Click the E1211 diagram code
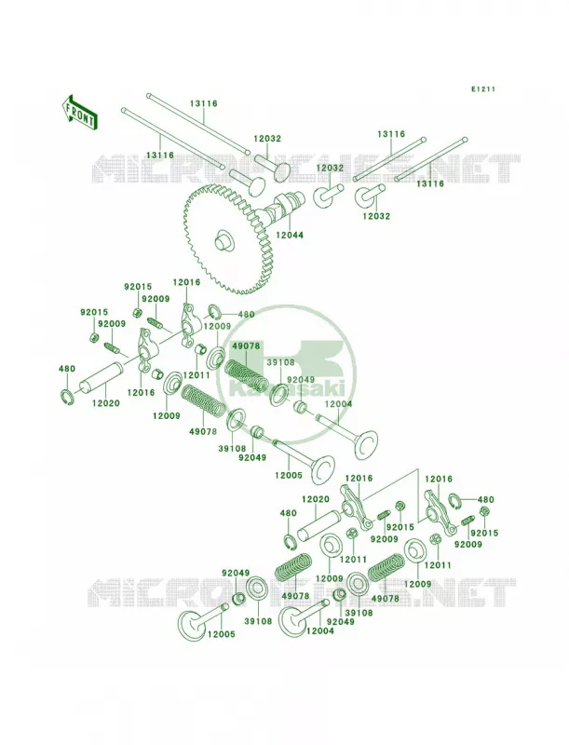pyautogui.click(x=483, y=88)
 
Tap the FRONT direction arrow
pyautogui.click(x=80, y=112)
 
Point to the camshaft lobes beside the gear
pyautogui.click(x=277, y=209)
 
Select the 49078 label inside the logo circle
pyautogui.click(x=246, y=345)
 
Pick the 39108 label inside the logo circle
pyautogui.click(x=280, y=362)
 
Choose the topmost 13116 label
pyautogui.click(x=204, y=103)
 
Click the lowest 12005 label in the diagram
pyautogui.click(x=221, y=634)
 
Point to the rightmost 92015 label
pyautogui.click(x=485, y=533)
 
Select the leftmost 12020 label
pyautogui.click(x=105, y=403)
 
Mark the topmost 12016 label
pyautogui.click(x=186, y=282)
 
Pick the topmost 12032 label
pyautogui.click(x=267, y=139)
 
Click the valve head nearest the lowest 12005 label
pyautogui.click(x=191, y=623)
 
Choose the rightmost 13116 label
pyautogui.click(x=430, y=183)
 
